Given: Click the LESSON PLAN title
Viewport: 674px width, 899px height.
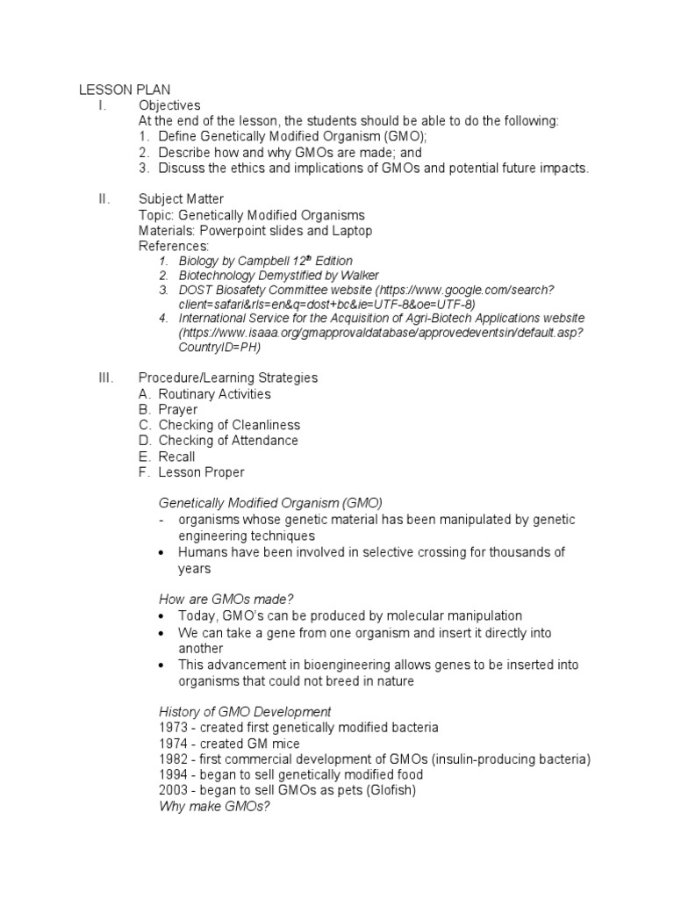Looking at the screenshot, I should (x=125, y=90).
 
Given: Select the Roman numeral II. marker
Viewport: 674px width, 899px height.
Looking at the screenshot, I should (x=104, y=199).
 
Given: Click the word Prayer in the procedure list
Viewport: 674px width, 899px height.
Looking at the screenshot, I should (x=177, y=409).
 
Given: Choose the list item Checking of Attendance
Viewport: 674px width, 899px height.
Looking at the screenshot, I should (x=228, y=441).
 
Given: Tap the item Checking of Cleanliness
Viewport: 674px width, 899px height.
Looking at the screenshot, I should (x=229, y=425).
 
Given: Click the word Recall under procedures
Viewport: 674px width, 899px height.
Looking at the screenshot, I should (x=176, y=457).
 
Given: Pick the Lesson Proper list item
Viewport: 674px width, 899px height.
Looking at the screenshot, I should (x=201, y=472).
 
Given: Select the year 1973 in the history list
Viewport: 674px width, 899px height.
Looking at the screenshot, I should (x=173, y=728).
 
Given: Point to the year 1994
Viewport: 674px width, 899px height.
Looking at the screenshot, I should (x=173, y=774).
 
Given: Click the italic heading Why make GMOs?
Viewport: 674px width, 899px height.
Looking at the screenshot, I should (x=214, y=806).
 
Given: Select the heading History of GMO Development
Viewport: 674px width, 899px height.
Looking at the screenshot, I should (x=245, y=711).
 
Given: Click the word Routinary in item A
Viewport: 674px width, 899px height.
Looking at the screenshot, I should (x=187, y=394).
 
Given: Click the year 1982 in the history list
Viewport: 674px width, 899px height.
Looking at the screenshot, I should (x=173, y=759).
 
